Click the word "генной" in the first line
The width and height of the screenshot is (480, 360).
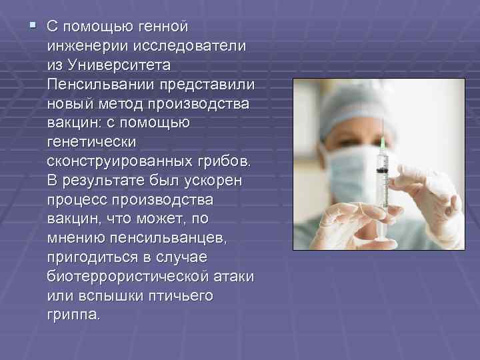[x=163, y=27]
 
